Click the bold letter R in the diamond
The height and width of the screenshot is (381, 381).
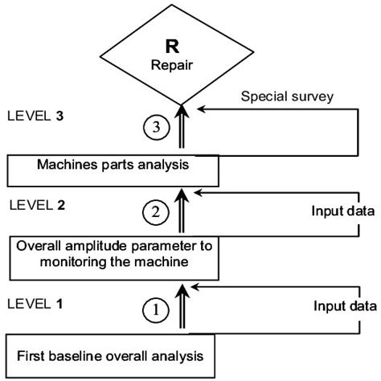pyautogui.click(x=172, y=47)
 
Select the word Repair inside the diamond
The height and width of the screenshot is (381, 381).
pyautogui.click(x=172, y=65)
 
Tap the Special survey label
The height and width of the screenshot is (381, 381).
pyautogui.click(x=287, y=96)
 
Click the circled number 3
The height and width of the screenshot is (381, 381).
pyautogui.click(x=157, y=127)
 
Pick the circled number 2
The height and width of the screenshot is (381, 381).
pyautogui.click(x=156, y=212)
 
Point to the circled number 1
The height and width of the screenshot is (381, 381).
pyautogui.click(x=156, y=310)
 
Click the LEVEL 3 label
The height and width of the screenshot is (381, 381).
pyautogui.click(x=35, y=116)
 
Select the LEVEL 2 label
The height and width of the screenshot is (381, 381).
pyautogui.click(x=37, y=205)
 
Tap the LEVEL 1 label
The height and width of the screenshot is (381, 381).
pyautogui.click(x=35, y=304)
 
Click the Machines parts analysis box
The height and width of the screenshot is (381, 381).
pyautogui.click(x=113, y=170)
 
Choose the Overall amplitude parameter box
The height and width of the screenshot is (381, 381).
pyautogui.click(x=114, y=258)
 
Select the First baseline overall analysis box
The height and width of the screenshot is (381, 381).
pyautogui.click(x=110, y=356)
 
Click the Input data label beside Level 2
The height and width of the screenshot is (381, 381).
pyautogui.click(x=343, y=211)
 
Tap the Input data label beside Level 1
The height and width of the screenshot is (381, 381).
pyautogui.click(x=345, y=306)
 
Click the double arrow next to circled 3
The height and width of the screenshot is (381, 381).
pyautogui.click(x=182, y=126)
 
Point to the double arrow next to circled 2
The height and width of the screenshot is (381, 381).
pyautogui.click(x=182, y=211)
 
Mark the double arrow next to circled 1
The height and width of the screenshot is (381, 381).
pyautogui.click(x=182, y=306)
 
